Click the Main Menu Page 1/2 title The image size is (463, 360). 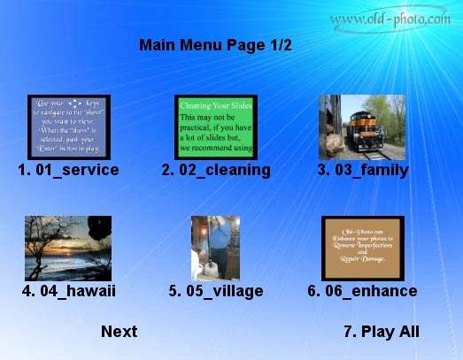[x=215, y=45]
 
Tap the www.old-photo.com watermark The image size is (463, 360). [x=390, y=18]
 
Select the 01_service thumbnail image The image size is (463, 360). [x=68, y=127]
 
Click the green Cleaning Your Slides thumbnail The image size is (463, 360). [x=215, y=127]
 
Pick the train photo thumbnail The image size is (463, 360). [x=361, y=126]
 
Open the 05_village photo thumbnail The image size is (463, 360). [x=215, y=248]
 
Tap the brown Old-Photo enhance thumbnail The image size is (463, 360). [x=362, y=248]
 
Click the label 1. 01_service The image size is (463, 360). [x=68, y=170]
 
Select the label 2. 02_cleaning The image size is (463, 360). [x=215, y=170]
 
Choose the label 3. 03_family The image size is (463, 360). [x=363, y=170]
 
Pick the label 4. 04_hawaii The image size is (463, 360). [x=68, y=290]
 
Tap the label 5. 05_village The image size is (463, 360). [x=215, y=290]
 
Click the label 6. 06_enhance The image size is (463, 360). [x=362, y=290]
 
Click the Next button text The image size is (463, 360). [x=119, y=332]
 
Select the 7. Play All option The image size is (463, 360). [x=381, y=332]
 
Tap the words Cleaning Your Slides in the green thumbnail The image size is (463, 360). [x=214, y=104]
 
